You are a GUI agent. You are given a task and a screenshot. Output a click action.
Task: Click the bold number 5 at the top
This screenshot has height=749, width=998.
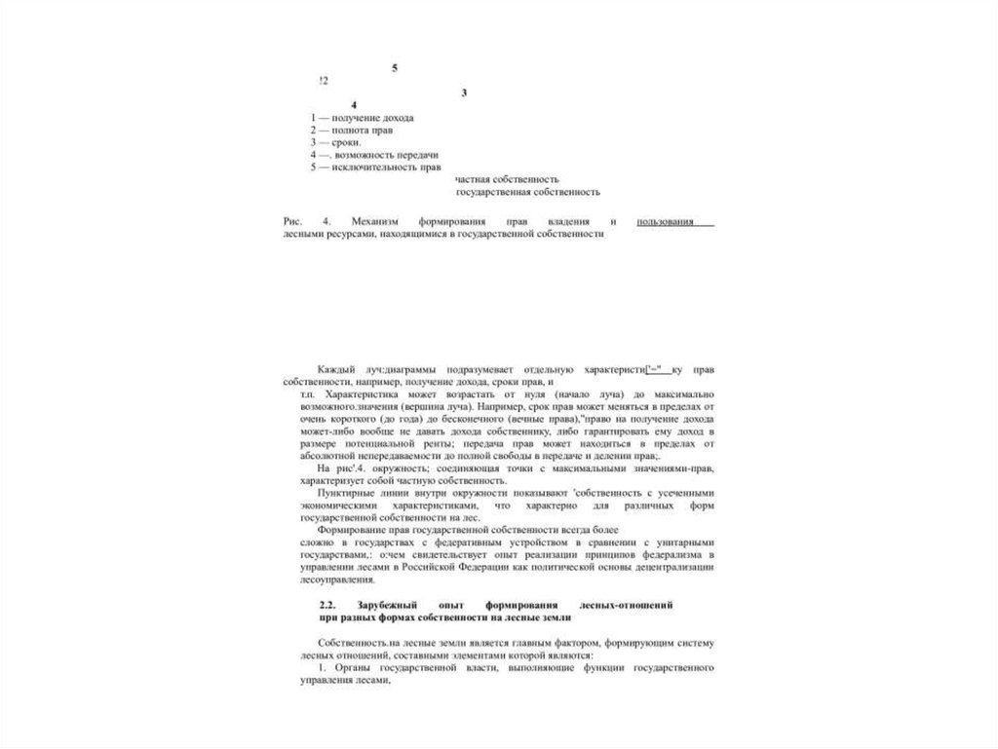[395, 67]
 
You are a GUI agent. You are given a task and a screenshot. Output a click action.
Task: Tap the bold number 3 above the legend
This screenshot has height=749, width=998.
[464, 93]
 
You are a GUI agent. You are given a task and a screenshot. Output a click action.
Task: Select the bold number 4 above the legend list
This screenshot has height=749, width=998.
[354, 105]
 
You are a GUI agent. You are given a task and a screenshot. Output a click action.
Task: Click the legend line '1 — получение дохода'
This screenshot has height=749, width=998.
[362, 117]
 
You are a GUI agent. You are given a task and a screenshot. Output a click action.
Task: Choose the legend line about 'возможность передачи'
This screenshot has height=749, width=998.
[374, 155]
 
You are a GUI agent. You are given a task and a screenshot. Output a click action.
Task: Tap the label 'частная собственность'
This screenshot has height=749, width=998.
[506, 179]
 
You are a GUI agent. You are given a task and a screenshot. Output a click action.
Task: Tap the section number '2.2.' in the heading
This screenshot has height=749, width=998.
[327, 605]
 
